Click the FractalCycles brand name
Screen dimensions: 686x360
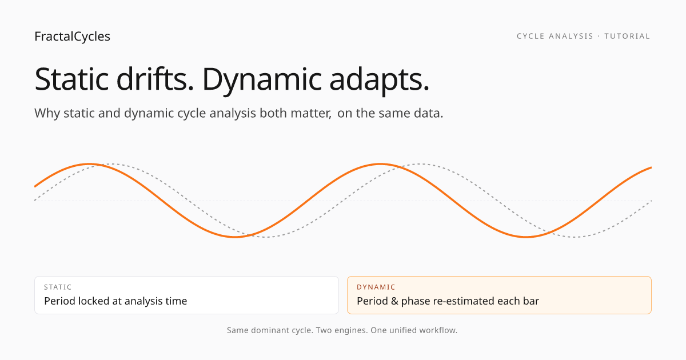tap(72, 37)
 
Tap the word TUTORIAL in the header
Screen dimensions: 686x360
tap(627, 36)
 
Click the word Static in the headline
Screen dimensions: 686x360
tap(71, 79)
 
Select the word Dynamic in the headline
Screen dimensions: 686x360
tap(262, 80)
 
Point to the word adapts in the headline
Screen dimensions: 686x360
tap(379, 81)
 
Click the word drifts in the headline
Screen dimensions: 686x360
tap(155, 79)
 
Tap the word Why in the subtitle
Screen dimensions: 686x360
tap(47, 113)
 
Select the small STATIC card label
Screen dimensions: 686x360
tap(58, 287)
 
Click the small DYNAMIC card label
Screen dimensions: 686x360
tap(376, 287)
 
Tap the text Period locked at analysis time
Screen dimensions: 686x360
tap(115, 301)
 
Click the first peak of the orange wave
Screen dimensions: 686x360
tap(90, 164)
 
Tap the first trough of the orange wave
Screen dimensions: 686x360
tap(235, 237)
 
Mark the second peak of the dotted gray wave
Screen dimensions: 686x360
tap(420, 164)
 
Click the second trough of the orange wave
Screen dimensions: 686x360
tap(526, 237)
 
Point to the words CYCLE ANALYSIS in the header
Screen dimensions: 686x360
tap(555, 36)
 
